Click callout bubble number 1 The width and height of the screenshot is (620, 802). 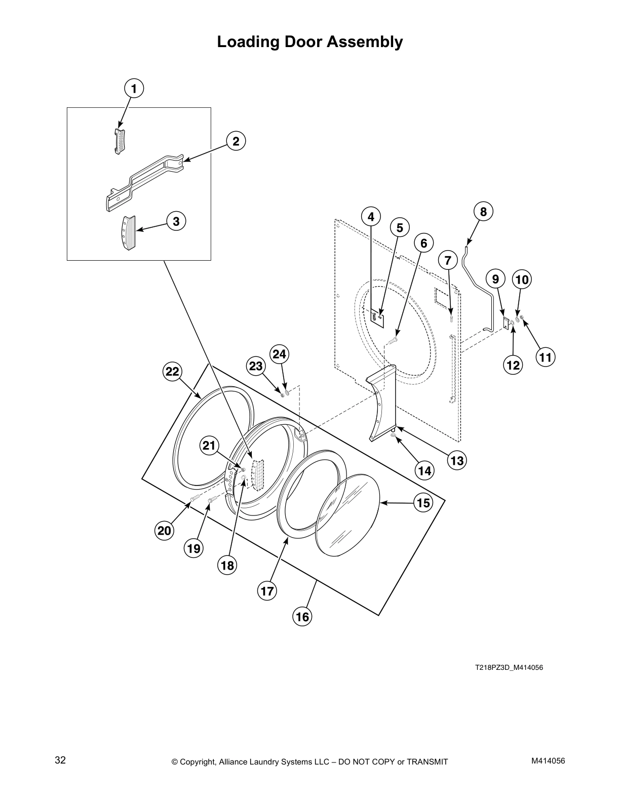[x=134, y=89]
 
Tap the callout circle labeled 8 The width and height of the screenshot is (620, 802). [x=483, y=211]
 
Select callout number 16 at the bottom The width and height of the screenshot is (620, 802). [x=302, y=617]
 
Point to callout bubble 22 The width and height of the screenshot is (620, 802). [x=172, y=372]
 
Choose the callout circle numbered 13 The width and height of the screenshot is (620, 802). [x=457, y=460]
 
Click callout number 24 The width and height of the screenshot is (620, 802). [x=279, y=354]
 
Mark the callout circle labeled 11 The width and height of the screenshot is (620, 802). [x=545, y=357]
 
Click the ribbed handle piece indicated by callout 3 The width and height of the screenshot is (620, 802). [x=129, y=232]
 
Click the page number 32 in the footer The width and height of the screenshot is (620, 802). [x=60, y=760]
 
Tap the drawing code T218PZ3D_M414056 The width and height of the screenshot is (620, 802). [x=509, y=667]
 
